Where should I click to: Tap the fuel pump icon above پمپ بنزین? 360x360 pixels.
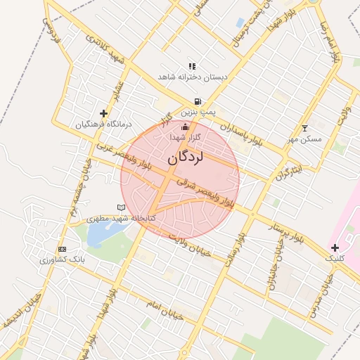point(198,101)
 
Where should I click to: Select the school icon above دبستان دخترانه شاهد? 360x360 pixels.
point(192,66)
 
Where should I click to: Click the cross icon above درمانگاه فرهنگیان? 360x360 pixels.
point(104,113)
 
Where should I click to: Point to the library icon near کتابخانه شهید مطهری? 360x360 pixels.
point(121,207)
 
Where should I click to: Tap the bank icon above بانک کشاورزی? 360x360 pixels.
point(63,249)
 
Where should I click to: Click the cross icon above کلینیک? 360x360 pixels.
point(335,247)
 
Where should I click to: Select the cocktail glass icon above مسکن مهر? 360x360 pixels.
point(304,128)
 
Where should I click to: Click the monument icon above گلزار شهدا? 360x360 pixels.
point(186,127)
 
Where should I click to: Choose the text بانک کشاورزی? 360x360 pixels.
point(63,259)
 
